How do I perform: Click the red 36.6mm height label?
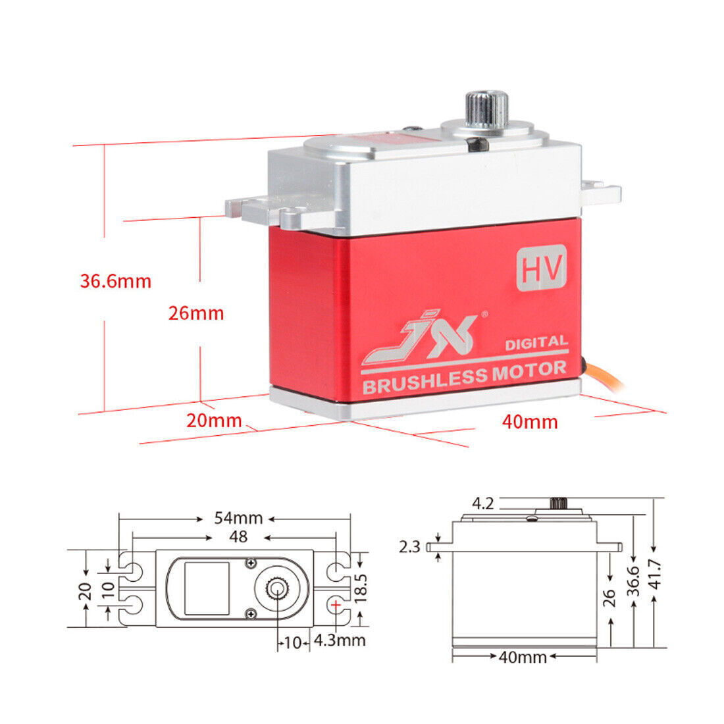click(116, 281)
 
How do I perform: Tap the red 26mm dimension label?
click(196, 313)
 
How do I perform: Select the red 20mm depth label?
click(214, 420)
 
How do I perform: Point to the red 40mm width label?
click(530, 421)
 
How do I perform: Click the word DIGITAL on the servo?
click(536, 342)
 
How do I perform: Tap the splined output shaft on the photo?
click(488, 109)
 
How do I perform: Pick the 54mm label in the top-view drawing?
click(238, 518)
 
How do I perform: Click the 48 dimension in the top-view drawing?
click(238, 537)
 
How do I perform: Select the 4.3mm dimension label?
click(340, 639)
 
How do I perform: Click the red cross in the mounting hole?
click(336, 604)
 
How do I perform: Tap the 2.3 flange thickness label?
click(409, 546)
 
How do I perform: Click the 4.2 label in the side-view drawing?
click(482, 504)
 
